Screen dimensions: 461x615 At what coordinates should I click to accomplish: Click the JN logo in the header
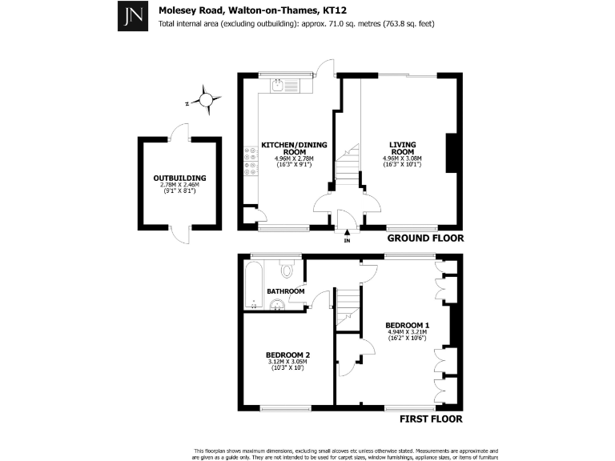(x=131, y=15)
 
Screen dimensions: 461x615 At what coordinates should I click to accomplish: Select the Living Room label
(x=402, y=148)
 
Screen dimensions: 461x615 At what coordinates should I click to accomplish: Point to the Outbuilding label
(x=179, y=178)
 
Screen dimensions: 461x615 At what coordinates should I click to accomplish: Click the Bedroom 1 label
(x=407, y=325)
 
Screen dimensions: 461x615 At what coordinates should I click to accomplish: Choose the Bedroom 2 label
(x=287, y=355)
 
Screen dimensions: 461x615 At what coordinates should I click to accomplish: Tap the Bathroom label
(x=286, y=291)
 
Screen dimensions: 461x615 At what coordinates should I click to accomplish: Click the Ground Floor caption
(x=425, y=239)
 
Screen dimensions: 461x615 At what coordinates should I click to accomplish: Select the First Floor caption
(x=431, y=418)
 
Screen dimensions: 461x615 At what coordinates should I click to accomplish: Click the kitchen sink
(x=275, y=84)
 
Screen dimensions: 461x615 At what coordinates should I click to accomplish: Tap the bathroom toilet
(x=287, y=269)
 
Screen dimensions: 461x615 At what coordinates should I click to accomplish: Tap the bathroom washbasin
(x=277, y=304)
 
